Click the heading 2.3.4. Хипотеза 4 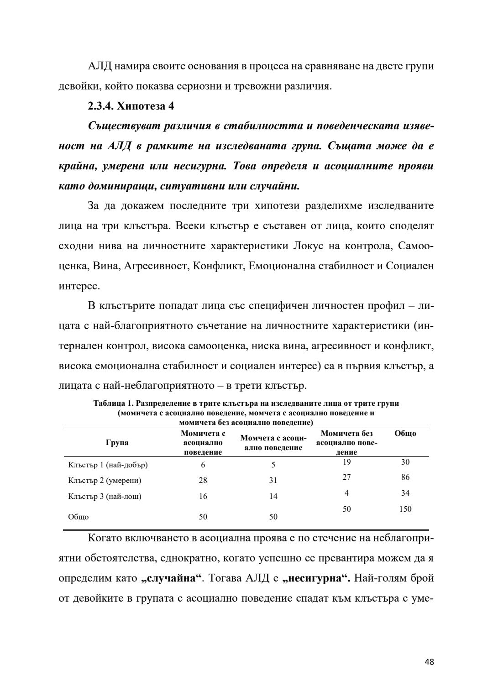pyautogui.click(x=131, y=106)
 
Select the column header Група pyautogui.click(x=117, y=442)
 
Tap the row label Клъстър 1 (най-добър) pyautogui.click(x=108, y=465)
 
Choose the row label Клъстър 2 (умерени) pyautogui.click(x=105, y=480)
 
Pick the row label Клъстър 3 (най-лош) pyautogui.click(x=105, y=496)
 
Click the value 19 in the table pyautogui.click(x=346, y=462)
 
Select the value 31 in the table pyautogui.click(x=273, y=480)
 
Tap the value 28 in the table pyautogui.click(x=203, y=480)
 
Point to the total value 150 pyautogui.click(x=405, y=509)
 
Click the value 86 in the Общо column pyautogui.click(x=405, y=477)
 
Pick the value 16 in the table pyautogui.click(x=203, y=496)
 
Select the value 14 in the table pyautogui.click(x=273, y=496)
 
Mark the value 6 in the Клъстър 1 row pyautogui.click(x=203, y=465)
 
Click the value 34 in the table pyautogui.click(x=405, y=493)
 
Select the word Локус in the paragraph pyautogui.click(x=304, y=246)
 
